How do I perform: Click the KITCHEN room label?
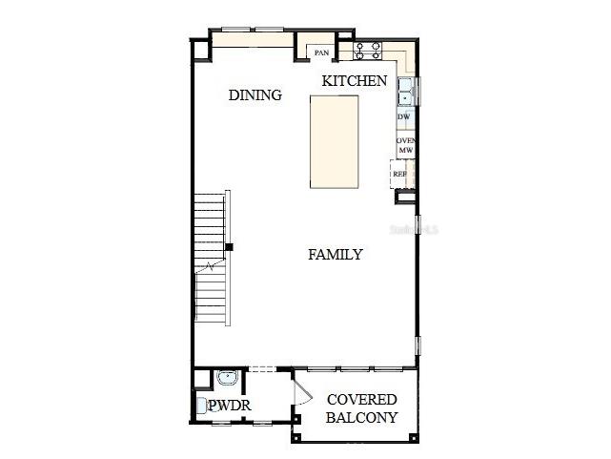click(355, 81)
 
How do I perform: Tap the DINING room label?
click(255, 95)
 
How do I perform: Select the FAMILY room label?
click(335, 255)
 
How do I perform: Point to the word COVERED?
click(361, 400)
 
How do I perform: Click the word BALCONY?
click(361, 418)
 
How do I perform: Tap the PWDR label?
click(230, 407)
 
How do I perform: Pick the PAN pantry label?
click(323, 53)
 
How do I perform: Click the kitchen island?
click(333, 142)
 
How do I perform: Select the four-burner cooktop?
click(368, 51)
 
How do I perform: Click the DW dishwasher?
click(404, 116)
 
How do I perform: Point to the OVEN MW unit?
click(405, 145)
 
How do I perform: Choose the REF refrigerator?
click(400, 174)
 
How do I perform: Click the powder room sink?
click(226, 379)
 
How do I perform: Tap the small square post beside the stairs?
click(228, 248)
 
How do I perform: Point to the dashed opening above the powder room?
click(261, 369)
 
